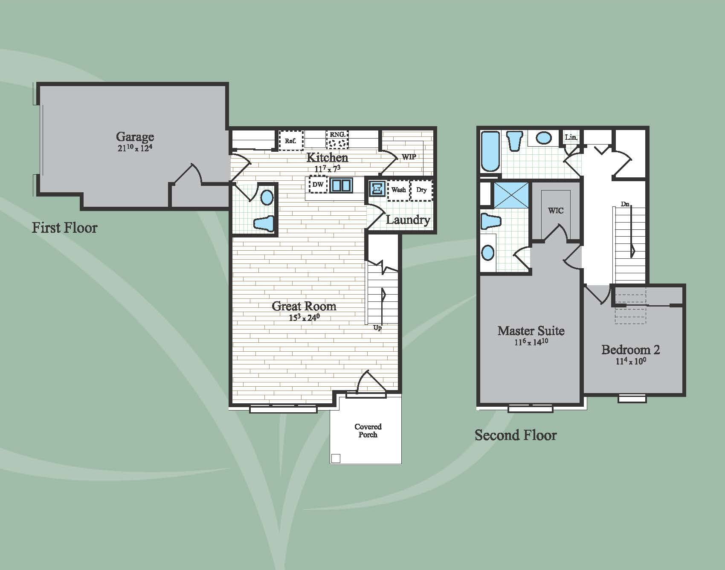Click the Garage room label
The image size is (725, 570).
[135, 136]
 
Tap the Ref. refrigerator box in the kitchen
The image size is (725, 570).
[291, 140]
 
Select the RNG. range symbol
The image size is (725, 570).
[337, 139]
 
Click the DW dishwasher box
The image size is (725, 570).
[318, 185]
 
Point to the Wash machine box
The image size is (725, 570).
[399, 190]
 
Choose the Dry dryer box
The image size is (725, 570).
[421, 190]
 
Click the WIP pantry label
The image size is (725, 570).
[409, 156]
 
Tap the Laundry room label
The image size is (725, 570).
[408, 220]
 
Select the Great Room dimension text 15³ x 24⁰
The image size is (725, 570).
[304, 317]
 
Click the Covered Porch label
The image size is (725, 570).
[368, 431]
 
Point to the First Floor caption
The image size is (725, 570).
[64, 227]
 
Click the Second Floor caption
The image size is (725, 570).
[516, 435]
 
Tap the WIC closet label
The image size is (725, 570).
[556, 210]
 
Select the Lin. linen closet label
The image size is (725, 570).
[571, 137]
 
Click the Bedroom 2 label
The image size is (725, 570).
[630, 350]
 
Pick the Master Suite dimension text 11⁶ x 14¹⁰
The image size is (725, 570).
[531, 341]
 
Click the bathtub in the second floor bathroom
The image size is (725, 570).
[490, 151]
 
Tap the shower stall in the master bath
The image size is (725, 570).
[511, 195]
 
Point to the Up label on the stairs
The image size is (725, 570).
[377, 328]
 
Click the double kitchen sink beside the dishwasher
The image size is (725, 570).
[341, 185]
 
